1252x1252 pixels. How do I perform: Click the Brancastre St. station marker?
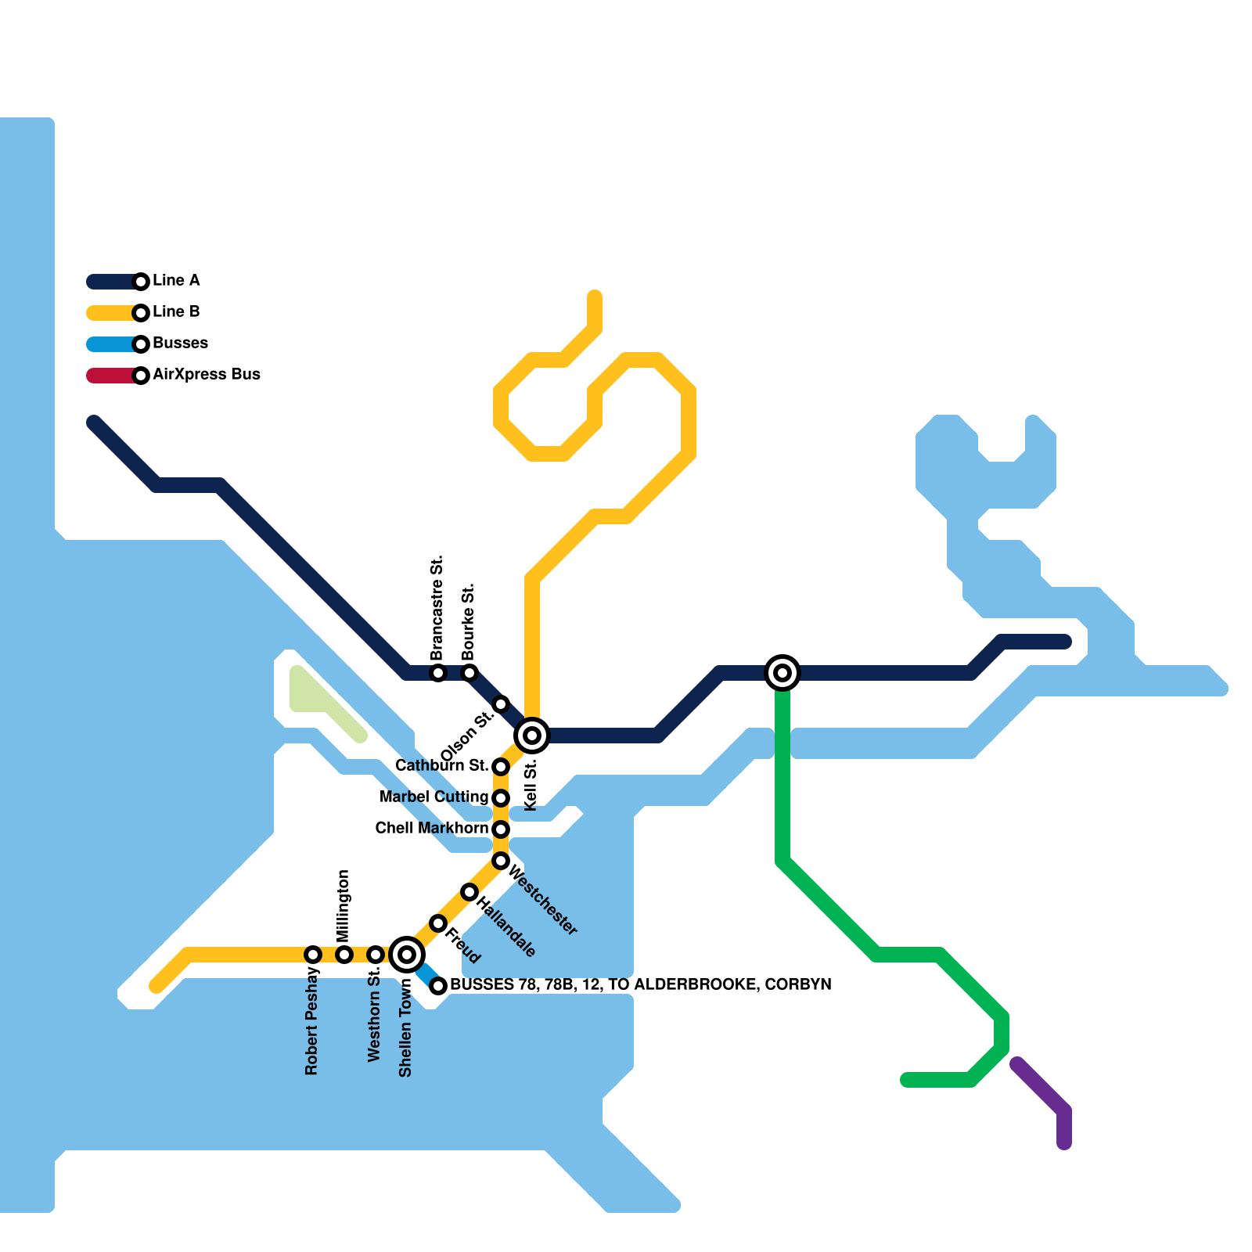[438, 673]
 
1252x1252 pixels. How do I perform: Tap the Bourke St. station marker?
[469, 673]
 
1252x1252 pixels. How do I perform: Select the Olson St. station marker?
[501, 704]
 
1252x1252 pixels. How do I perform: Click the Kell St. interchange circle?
[532, 736]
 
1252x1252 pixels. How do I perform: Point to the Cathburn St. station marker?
[501, 767]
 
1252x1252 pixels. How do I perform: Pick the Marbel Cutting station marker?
[501, 798]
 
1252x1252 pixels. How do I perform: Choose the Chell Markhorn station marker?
[501, 829]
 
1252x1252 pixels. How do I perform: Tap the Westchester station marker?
[501, 861]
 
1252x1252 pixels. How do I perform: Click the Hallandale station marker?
[469, 892]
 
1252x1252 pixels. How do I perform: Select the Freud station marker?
[438, 923]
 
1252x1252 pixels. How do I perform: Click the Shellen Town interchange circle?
[407, 955]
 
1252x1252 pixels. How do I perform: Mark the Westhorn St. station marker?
[376, 955]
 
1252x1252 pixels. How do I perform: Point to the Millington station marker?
[344, 955]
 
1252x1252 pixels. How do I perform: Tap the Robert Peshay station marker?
[313, 955]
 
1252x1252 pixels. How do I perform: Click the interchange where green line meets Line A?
[782, 673]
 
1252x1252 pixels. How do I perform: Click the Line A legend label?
[176, 281]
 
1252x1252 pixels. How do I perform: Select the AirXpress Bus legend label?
[207, 375]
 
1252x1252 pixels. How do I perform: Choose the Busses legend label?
[181, 344]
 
